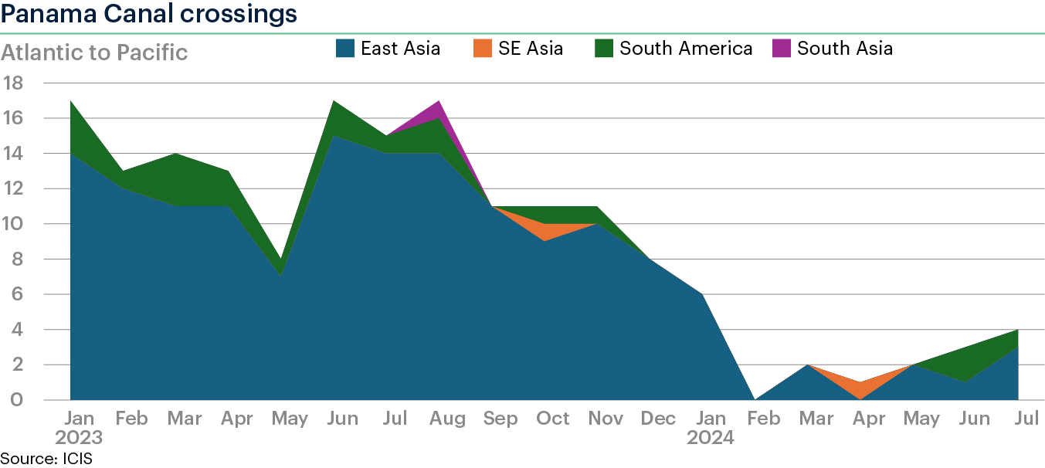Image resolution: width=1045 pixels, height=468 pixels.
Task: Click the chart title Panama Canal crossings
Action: click(148, 14)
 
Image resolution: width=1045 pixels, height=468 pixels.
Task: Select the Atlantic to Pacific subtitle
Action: click(93, 53)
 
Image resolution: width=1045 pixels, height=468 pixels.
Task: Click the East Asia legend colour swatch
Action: click(344, 48)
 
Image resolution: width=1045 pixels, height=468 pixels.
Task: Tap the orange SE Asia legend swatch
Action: click(483, 48)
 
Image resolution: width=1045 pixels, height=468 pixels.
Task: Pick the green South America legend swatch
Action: click(604, 48)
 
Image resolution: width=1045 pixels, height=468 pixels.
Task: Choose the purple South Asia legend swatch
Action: click(782, 48)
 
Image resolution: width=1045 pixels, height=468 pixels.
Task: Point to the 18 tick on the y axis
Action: click(13, 83)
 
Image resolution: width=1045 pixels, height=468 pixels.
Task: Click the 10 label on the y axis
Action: click(12, 224)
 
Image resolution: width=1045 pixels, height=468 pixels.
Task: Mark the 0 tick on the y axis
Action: click(16, 400)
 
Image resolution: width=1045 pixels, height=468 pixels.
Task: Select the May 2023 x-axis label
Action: click(290, 419)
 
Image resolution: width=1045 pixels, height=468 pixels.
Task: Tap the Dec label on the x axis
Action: click(658, 418)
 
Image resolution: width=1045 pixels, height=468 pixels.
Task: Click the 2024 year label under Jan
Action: click(711, 438)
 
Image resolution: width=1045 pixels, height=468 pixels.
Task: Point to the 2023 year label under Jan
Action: click(79, 438)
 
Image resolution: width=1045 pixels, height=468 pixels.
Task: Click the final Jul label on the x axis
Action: click(1026, 418)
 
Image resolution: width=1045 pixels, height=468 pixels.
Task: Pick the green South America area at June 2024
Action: click(965, 364)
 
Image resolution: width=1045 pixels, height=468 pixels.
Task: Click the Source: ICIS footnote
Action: click(46, 459)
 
